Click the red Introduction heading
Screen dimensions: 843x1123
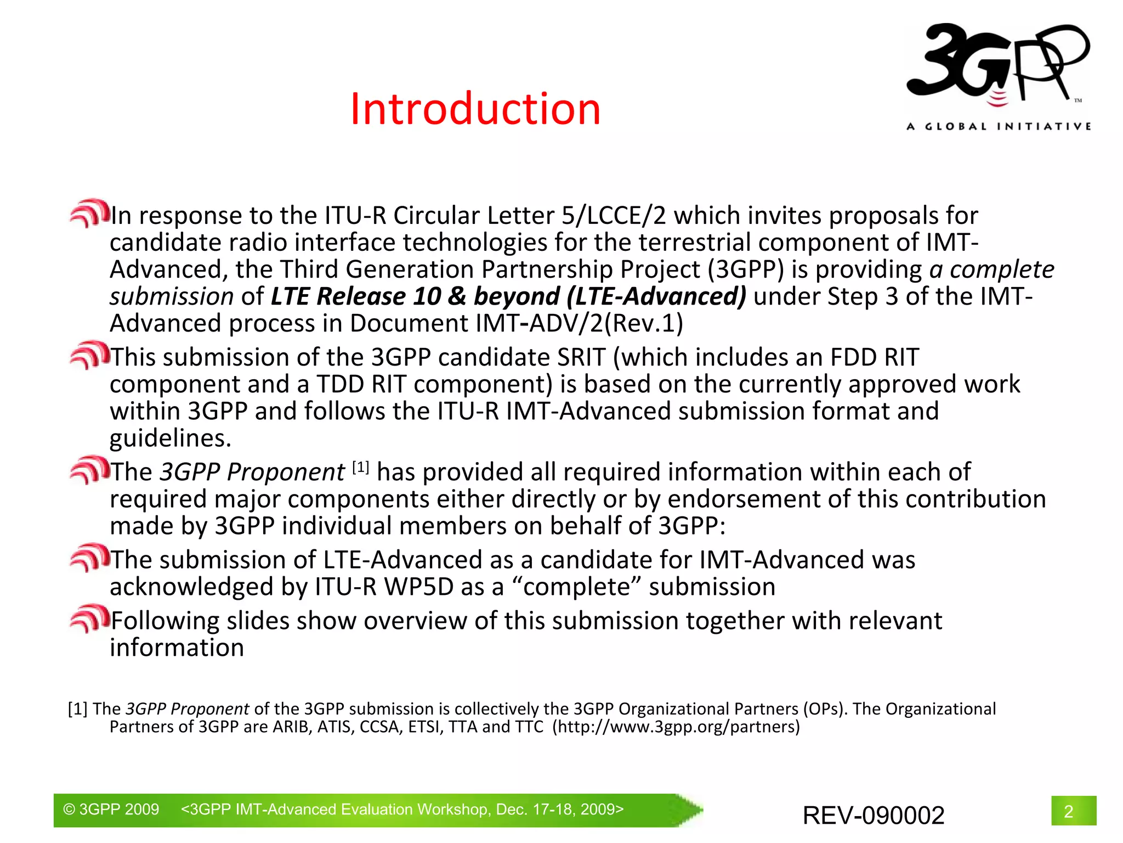pos(475,109)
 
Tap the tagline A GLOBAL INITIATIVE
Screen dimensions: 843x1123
pos(999,127)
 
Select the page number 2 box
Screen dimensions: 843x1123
pos(1073,811)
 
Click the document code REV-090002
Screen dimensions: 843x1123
pos(874,815)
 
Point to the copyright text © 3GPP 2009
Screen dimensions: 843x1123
pos(111,810)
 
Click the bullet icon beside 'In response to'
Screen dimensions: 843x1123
pos(89,213)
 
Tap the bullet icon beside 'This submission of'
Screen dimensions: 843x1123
pos(89,355)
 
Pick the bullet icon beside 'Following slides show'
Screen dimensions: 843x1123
pos(89,619)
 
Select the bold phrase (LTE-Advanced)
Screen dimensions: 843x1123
pos(656,296)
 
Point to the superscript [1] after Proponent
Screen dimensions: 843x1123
pos(360,468)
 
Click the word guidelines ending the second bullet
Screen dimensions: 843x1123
pos(171,438)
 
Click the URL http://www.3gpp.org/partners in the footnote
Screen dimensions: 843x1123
pos(676,727)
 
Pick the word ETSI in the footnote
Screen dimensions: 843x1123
pos(425,727)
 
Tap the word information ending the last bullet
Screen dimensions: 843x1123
pos(177,648)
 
